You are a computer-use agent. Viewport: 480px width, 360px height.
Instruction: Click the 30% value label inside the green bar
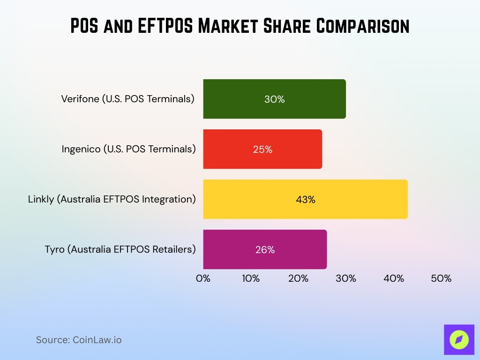[274, 99]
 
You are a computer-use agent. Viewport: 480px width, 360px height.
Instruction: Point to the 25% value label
[262, 150]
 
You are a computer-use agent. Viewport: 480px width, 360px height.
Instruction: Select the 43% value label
[305, 200]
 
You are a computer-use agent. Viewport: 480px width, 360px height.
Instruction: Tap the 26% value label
[265, 250]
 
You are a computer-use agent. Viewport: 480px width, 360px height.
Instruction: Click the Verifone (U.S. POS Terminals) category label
[127, 99]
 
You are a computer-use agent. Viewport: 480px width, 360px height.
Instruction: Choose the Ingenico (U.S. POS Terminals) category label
[128, 149]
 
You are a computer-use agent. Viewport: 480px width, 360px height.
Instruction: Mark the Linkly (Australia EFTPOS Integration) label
[112, 199]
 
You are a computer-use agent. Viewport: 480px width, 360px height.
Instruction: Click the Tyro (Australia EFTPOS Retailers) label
[120, 249]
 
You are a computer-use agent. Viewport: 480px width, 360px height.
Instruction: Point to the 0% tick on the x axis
[203, 278]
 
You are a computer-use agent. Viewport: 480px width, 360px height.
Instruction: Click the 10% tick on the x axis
[251, 278]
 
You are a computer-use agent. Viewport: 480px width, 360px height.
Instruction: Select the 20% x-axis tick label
[299, 278]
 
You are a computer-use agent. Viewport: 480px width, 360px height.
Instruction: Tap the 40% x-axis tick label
[394, 278]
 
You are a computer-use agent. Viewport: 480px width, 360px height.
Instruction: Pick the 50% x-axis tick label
[441, 278]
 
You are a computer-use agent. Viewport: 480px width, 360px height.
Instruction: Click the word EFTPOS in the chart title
[160, 26]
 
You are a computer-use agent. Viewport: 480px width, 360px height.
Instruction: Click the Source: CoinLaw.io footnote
[79, 340]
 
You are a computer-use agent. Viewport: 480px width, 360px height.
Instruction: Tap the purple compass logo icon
[459, 340]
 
